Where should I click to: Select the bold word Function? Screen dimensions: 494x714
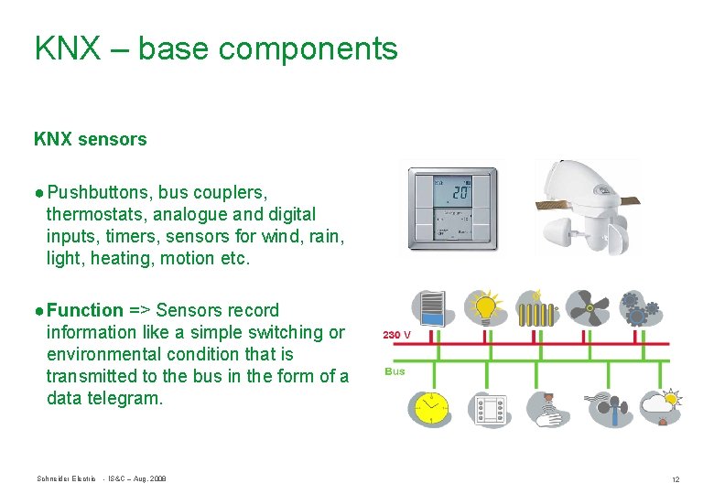(x=85, y=310)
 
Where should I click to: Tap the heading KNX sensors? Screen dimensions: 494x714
(x=90, y=139)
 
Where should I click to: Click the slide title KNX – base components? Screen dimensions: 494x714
(x=216, y=48)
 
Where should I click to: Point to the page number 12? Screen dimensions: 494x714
(x=675, y=479)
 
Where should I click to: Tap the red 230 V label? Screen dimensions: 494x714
(x=396, y=335)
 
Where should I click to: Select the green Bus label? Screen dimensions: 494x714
(x=395, y=371)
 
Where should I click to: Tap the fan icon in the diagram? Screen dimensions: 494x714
(x=586, y=308)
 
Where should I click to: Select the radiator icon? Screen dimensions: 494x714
(x=535, y=308)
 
